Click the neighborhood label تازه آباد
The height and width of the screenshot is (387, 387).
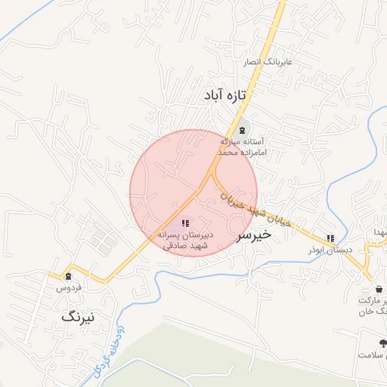[226, 96]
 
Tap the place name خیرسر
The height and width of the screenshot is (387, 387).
[254, 235]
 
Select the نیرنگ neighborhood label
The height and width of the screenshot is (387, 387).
[79, 317]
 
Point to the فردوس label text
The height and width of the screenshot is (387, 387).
[68, 288]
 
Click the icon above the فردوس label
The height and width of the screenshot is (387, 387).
[69, 276]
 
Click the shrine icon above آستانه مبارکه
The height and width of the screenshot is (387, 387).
[241, 130]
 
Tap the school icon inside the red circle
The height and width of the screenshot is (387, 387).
[185, 223]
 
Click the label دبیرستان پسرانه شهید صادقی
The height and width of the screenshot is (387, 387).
[185, 240]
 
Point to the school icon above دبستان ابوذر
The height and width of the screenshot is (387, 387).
[330, 238]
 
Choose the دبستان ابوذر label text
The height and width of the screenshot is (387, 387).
[327, 249]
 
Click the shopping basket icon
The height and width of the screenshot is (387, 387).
[378, 289]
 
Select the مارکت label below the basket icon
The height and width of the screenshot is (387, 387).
[374, 301]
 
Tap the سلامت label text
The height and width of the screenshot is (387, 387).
[373, 354]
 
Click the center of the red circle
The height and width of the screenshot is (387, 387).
[193, 193]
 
